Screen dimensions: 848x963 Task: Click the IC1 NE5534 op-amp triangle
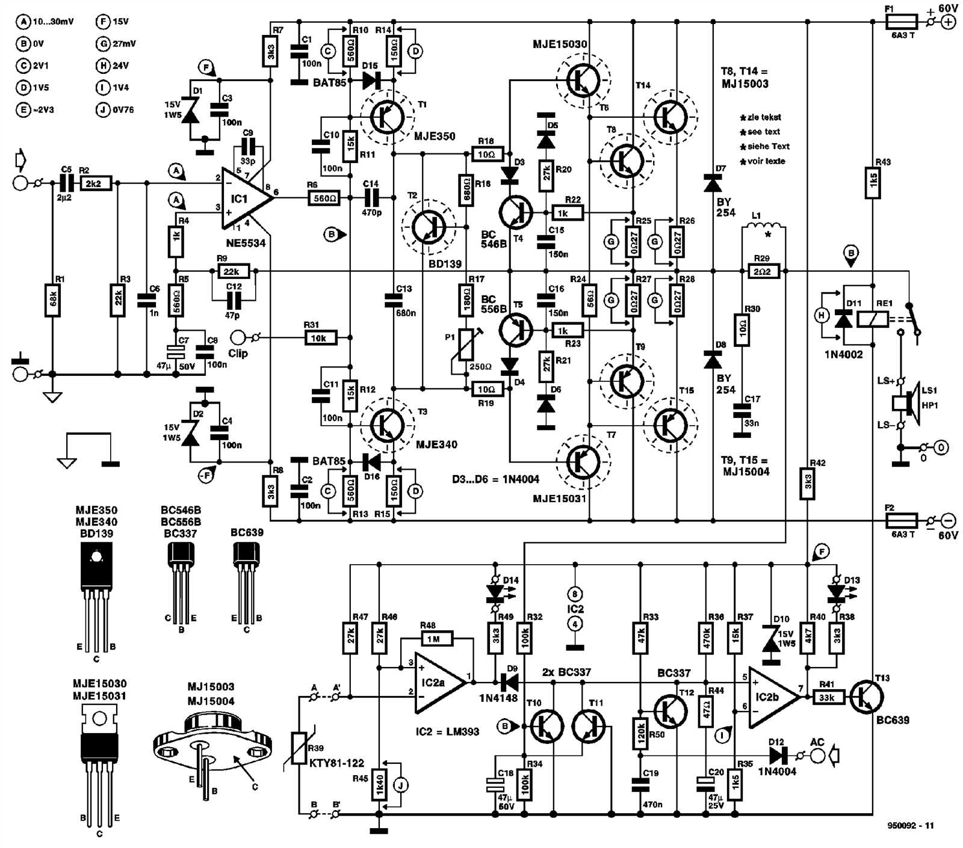pos(244,198)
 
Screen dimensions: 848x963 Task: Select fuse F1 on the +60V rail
pos(901,22)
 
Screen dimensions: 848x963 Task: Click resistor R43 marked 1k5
pos(873,182)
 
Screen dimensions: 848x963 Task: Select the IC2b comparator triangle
pos(771,696)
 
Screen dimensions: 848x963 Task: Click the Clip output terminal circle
pos(239,337)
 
